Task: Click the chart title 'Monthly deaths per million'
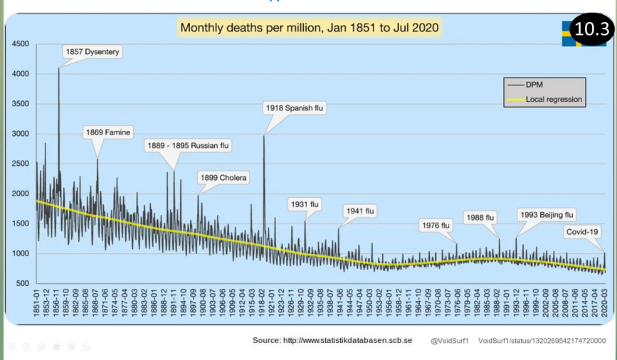[310, 28]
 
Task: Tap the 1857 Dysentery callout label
[93, 52]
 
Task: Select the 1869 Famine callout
[108, 132]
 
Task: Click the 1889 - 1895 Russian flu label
[189, 145]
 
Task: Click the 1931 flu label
[305, 204]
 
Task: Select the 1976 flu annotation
[436, 226]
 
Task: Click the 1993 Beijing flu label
[546, 214]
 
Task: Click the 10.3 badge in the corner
[592, 29]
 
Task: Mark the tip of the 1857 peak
[58, 68]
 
